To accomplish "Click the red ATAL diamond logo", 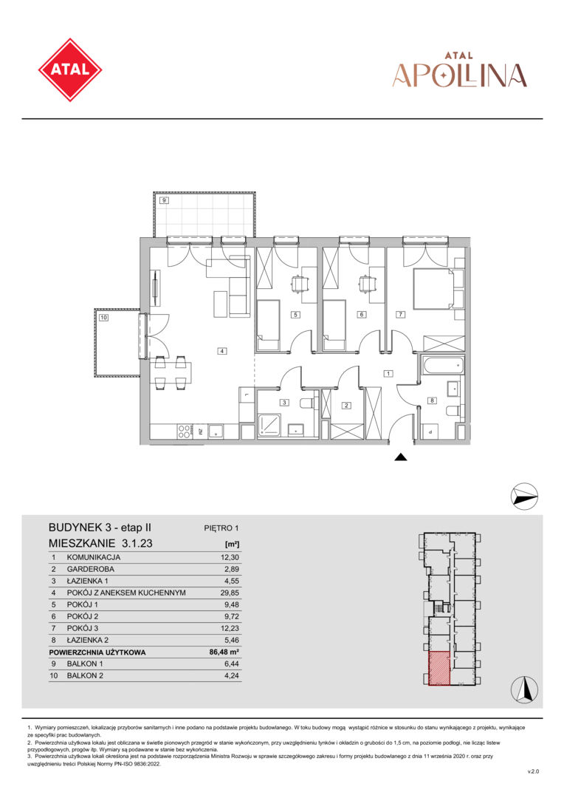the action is click(70, 69).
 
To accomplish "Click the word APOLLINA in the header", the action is click(460, 75).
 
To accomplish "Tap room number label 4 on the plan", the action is click(221, 351).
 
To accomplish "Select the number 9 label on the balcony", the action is click(164, 200).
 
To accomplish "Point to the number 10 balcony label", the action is click(104, 318).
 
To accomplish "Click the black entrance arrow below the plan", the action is click(401, 457).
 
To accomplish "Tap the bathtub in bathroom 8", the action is click(443, 365).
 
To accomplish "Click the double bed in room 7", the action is click(433, 289).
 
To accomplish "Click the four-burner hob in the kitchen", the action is click(184, 432).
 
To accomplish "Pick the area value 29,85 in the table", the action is click(230, 593).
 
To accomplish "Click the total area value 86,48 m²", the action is click(224, 652).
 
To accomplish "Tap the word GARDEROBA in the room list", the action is click(91, 569).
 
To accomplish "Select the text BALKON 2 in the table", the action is click(85, 676).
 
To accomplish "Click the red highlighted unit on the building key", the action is click(439, 668).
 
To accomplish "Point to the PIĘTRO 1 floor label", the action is click(221, 528).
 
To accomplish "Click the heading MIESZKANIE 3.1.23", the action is click(100, 544).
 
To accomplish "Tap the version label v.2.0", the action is click(533, 772).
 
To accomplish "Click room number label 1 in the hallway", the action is click(388, 374).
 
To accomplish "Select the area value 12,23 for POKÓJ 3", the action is click(230, 629).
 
